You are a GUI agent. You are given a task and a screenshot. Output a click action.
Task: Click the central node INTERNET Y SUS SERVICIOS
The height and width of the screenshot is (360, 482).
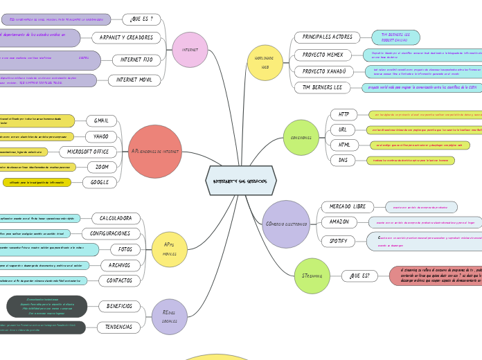pyautogui.click(x=241, y=181)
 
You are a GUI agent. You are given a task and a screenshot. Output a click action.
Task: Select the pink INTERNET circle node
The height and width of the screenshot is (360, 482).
pyautogui.click(x=190, y=50)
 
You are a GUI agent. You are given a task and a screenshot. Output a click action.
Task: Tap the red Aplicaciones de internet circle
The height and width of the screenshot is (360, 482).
pyautogui.click(x=155, y=152)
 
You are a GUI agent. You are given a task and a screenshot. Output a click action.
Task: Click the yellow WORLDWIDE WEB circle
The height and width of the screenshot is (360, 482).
pyautogui.click(x=265, y=63)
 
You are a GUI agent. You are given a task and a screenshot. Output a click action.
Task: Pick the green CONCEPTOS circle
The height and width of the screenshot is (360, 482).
pyautogui.click(x=301, y=137)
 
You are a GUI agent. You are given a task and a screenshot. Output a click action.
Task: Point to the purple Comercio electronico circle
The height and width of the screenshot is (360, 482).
pyautogui.click(x=286, y=224)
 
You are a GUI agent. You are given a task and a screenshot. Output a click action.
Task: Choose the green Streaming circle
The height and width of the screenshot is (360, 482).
pyautogui.click(x=312, y=276)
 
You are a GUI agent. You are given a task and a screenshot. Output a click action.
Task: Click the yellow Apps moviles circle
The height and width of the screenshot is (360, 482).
pyautogui.click(x=169, y=249)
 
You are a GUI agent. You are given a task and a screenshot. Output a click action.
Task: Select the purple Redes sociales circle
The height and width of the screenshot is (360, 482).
pyautogui.click(x=170, y=317)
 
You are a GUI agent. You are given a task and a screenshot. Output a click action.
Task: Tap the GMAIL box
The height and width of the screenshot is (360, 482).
pyautogui.click(x=101, y=121)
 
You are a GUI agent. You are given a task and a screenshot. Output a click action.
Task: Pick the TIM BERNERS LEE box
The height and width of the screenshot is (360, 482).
pyautogui.click(x=322, y=88)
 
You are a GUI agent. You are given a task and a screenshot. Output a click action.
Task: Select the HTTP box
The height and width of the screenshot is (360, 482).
pyautogui.click(x=343, y=114)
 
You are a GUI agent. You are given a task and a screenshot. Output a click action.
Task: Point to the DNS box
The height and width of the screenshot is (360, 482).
pyautogui.click(x=343, y=160)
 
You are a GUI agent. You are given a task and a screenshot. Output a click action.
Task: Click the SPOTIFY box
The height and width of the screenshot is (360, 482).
pyautogui.click(x=338, y=241)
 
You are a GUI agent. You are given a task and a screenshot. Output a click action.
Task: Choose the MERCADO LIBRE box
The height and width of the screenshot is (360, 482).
pyautogui.click(x=347, y=207)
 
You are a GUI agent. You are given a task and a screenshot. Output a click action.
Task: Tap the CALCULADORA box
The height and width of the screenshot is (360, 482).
pyautogui.click(x=116, y=219)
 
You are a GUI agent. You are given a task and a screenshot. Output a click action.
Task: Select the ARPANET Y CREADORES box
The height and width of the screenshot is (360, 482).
pyautogui.click(x=126, y=37)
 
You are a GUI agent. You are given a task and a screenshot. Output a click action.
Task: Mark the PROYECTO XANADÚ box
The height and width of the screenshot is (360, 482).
pyautogui.click(x=323, y=71)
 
